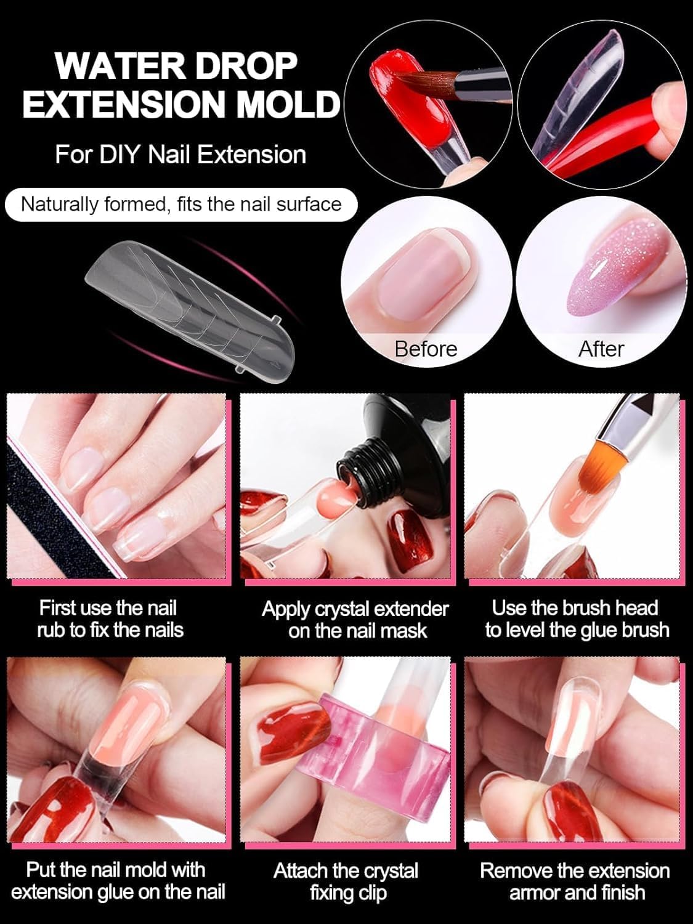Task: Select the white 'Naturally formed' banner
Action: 181,204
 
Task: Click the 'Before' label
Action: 426,349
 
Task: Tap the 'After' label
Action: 601,349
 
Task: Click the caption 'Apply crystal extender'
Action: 355,609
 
